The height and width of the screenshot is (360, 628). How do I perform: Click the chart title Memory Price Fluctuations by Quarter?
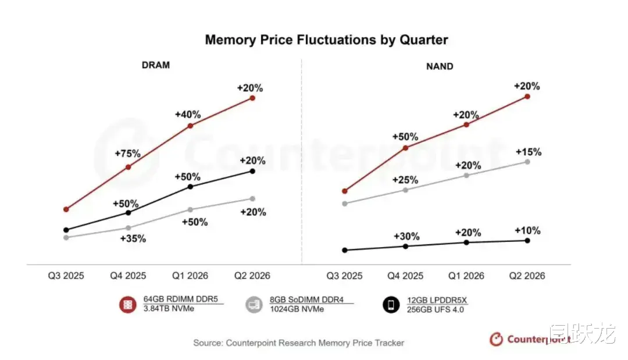326,40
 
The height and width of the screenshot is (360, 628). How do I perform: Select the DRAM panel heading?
156,65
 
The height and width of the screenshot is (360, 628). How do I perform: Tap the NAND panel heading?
440,66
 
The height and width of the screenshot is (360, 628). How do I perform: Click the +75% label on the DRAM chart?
128,154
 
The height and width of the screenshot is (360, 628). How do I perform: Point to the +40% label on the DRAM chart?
187,114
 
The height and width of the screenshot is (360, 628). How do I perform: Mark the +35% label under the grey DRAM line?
133,238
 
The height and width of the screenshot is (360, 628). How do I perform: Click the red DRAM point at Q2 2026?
252,98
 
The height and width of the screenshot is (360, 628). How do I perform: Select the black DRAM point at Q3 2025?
66,230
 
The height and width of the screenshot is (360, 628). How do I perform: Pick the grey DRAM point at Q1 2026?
191,209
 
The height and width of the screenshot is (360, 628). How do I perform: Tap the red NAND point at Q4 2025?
406,148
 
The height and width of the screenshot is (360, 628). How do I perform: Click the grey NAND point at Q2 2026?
527,162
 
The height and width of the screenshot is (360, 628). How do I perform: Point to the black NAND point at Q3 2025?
345,250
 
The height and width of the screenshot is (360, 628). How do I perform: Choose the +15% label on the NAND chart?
528,152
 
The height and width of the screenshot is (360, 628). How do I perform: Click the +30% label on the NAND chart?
406,237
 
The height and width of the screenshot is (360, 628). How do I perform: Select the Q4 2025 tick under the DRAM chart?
128,276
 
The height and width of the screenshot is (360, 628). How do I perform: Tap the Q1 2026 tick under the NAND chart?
466,276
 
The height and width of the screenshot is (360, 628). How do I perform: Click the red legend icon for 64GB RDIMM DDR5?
128,304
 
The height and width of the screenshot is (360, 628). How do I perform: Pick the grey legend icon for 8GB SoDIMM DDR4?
254,304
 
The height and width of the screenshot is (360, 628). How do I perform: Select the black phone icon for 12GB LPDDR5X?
391,304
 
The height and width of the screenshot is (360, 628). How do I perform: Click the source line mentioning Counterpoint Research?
298,343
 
